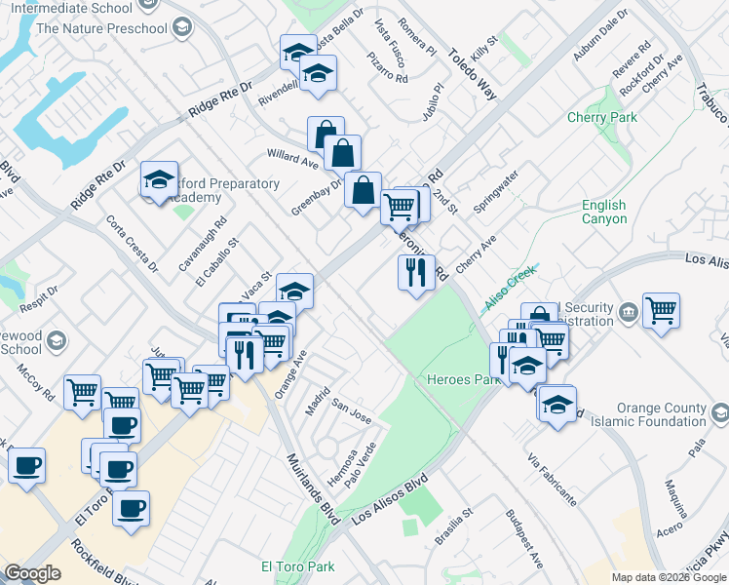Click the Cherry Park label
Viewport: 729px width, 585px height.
click(602, 118)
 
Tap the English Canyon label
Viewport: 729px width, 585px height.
click(604, 212)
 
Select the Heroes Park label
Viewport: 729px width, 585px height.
click(456, 379)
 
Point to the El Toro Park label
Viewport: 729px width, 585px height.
click(297, 566)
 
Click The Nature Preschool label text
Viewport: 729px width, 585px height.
click(101, 28)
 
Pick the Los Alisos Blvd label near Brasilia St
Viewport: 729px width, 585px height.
click(391, 500)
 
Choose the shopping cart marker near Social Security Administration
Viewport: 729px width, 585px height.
click(661, 310)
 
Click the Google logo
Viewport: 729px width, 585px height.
click(33, 572)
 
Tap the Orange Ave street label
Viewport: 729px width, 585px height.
click(292, 373)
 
